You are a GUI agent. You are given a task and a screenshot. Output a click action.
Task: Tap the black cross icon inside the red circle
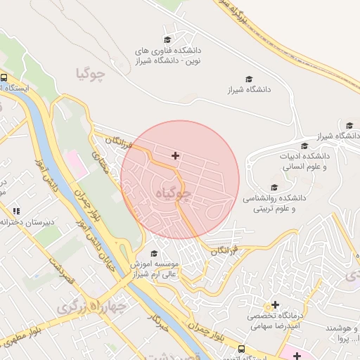pos(175,155)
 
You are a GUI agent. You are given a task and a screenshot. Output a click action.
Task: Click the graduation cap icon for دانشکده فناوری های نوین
pos(167,39)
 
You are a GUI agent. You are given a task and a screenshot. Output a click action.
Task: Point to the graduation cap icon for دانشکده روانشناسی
pos(274,187)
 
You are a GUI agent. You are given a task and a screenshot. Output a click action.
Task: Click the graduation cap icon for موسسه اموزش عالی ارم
pos(154,253)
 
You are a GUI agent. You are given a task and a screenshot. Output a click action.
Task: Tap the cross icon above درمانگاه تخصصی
pos(275,305)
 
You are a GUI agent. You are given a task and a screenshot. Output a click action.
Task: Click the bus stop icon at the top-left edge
pos(4,78)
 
